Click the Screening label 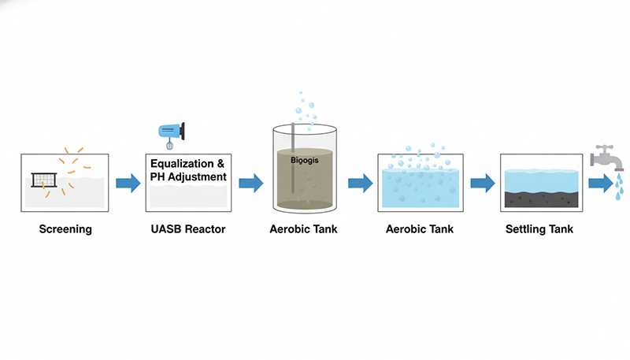coord(65,230)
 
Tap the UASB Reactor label coord(187,230)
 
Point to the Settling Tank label coord(539,230)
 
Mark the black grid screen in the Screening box coord(46,180)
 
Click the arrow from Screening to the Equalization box coord(128,184)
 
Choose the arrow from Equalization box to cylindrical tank coord(250,184)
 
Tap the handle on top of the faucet coord(605,147)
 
